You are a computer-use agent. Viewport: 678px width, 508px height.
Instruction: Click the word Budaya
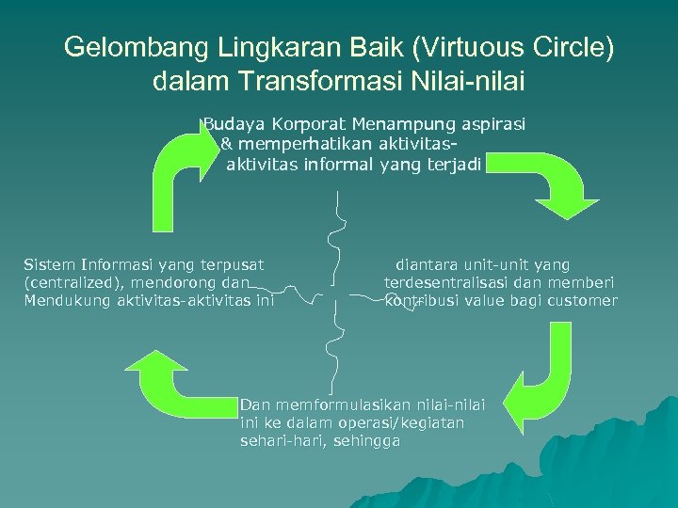(x=233, y=123)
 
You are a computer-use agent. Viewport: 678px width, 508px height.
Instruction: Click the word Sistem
(x=50, y=265)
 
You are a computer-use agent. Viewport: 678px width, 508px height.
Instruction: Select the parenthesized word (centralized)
(x=70, y=282)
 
